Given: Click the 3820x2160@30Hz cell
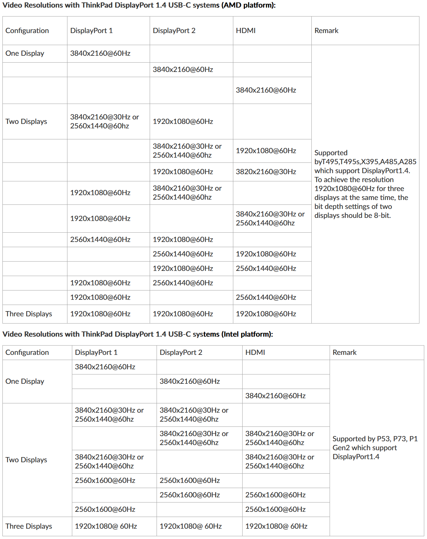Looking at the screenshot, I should [266, 172].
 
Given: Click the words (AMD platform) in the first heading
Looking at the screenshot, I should [248, 6].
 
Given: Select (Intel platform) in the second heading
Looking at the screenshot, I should [247, 334].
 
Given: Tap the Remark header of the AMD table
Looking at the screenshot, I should [326, 31].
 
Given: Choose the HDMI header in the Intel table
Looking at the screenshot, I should [255, 352].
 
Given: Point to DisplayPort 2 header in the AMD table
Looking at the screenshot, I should [174, 31].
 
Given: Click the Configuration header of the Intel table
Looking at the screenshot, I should [27, 352].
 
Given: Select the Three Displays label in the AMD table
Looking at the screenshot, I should [29, 314].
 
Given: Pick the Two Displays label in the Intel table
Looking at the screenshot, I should [26, 460].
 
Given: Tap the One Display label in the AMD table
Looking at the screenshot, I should [25, 53].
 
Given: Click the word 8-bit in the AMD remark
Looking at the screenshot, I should [382, 215].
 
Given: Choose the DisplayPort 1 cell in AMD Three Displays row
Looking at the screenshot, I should [100, 314].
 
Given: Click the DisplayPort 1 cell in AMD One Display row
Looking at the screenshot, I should [100, 53].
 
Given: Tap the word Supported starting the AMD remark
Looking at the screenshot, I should [331, 153].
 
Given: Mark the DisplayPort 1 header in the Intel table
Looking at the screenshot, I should [96, 352].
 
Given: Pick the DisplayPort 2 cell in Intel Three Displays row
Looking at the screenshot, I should [190, 526].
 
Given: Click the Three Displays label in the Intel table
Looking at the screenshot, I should [29, 526].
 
